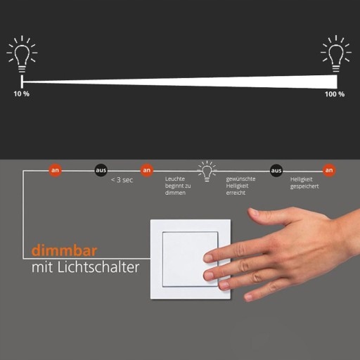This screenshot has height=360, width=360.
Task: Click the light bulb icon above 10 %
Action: pos(22,54)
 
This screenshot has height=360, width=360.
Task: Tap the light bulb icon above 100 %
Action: pos(336,54)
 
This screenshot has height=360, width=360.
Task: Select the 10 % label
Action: pos(21,94)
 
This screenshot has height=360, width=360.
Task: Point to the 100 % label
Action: pos(335,94)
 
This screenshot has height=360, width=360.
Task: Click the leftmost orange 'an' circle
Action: pos(55,170)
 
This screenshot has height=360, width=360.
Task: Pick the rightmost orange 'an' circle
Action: pos(329,170)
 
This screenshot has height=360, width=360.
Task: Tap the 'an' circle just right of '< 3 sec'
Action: pos(147,170)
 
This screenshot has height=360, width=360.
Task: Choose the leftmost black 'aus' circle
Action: pos(101,170)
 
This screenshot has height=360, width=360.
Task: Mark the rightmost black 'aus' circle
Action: pos(276,170)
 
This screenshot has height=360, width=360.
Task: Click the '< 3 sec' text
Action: pos(122,180)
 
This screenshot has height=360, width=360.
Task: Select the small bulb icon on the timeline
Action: pos(207,171)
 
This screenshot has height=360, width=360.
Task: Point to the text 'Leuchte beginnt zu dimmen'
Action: pos(178,186)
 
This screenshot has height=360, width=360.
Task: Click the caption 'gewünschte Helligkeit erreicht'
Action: pos(240,186)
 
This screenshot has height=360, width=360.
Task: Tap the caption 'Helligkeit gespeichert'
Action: pos(304,183)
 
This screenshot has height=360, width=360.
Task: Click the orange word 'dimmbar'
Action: pos(64,250)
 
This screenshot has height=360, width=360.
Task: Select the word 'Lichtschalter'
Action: pos(98,266)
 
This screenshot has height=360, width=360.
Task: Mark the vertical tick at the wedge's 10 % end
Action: pos(22,82)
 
